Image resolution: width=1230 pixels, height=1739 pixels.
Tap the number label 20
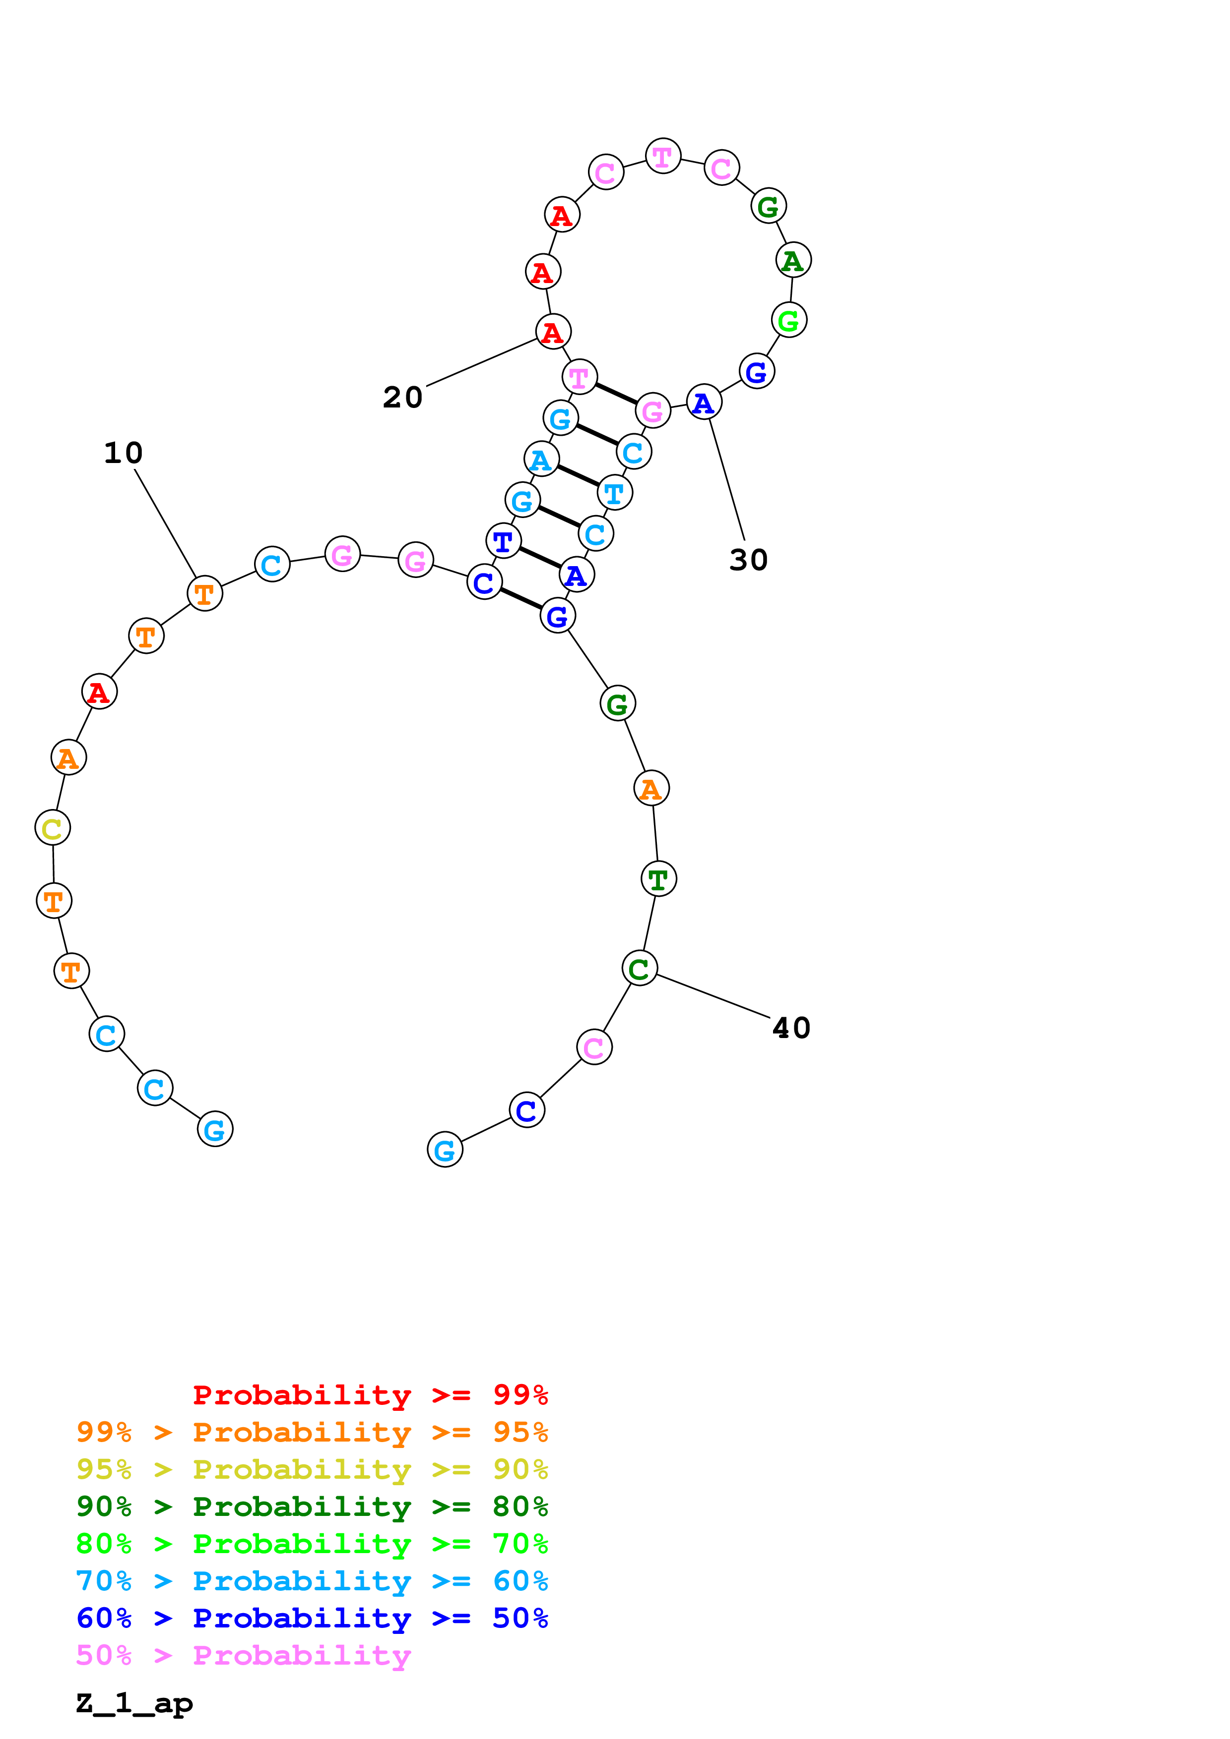pyautogui.click(x=402, y=397)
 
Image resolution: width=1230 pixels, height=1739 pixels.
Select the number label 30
pyautogui.click(x=748, y=561)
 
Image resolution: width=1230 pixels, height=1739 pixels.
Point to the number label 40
pyautogui.click(x=791, y=1028)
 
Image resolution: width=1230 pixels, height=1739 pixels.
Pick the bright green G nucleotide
pyautogui.click(x=789, y=320)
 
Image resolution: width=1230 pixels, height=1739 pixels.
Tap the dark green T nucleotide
pyautogui.click(x=658, y=879)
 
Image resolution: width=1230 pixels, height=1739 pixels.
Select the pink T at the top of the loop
pyautogui.click(x=663, y=157)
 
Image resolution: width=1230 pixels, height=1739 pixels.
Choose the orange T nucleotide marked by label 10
pyautogui.click(x=204, y=594)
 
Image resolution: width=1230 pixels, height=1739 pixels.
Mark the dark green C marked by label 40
pyautogui.click(x=640, y=969)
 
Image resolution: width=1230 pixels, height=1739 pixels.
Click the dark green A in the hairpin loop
pyautogui.click(x=793, y=261)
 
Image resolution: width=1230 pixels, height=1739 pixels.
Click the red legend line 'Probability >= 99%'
pyautogui.click(x=370, y=1395)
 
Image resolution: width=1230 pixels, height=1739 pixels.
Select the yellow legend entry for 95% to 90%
pyautogui.click(x=312, y=1469)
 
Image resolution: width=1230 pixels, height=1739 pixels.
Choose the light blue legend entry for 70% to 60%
pyautogui.click(x=312, y=1581)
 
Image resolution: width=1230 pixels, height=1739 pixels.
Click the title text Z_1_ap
pyautogui.click(x=134, y=1703)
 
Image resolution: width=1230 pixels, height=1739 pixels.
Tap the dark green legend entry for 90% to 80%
pyautogui.click(x=312, y=1507)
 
